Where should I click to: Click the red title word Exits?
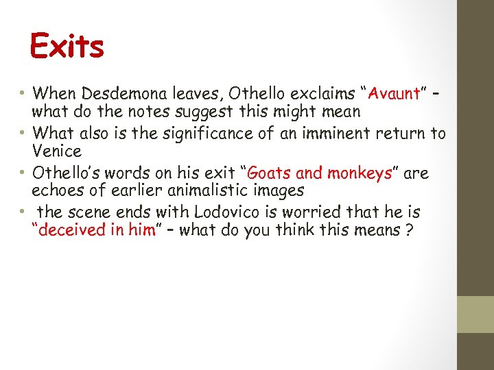click(x=67, y=47)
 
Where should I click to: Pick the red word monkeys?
click(x=359, y=173)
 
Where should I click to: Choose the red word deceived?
click(x=72, y=230)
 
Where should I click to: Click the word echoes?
click(x=58, y=190)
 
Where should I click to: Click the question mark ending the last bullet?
click(x=409, y=230)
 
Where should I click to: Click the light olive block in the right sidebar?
click(x=475, y=314)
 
